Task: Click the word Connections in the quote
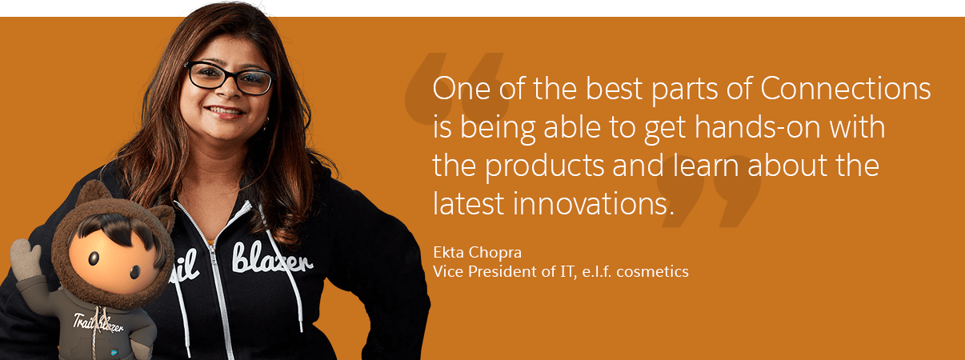coord(845,88)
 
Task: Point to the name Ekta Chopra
coord(478,252)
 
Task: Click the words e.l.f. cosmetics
coord(635,272)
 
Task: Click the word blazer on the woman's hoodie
coord(272,258)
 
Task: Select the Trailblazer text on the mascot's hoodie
coord(98,322)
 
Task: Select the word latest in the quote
coord(468,203)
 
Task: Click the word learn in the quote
coord(706,166)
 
